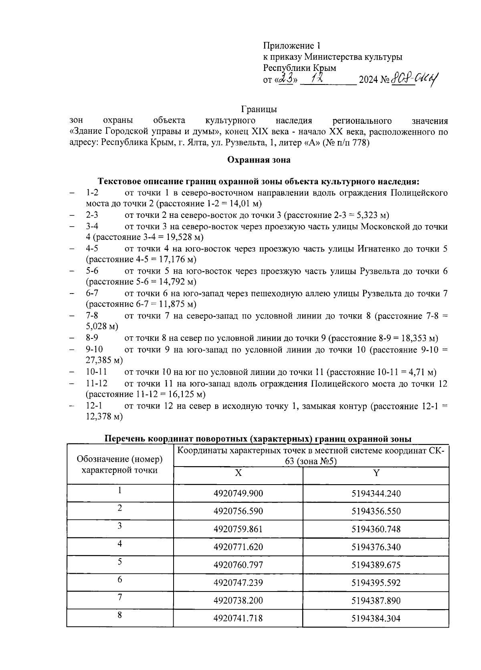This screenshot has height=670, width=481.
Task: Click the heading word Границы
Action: coord(259,109)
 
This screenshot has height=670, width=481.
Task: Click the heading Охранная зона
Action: coord(259,160)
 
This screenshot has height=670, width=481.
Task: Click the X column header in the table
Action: coord(238,473)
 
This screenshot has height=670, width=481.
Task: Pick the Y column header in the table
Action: coord(376,473)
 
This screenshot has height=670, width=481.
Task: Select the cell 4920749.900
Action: coord(238,494)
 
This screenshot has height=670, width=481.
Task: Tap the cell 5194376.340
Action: coord(376,547)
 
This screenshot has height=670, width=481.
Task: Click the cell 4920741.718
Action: coord(238,618)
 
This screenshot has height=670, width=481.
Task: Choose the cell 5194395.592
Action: coord(376,583)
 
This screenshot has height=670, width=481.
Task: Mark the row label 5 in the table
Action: coord(120,561)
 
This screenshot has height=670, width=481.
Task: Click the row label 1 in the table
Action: coord(120,490)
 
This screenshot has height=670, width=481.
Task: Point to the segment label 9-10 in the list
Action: coord(95,350)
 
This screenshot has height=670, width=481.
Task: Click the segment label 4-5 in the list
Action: coord(92,249)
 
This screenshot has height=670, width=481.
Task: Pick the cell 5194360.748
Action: coord(376,529)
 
